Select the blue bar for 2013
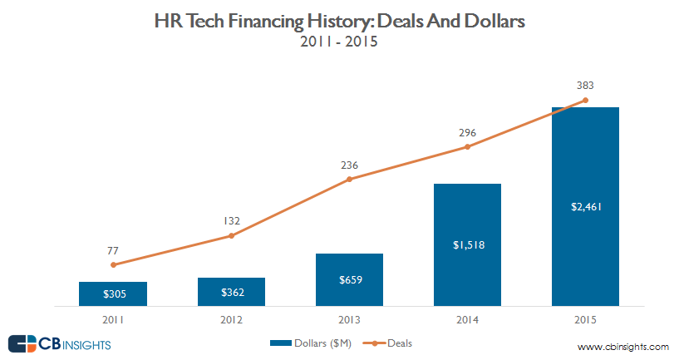(x=349, y=279)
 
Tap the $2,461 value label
(x=585, y=207)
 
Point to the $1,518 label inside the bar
(x=467, y=244)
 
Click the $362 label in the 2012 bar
(x=231, y=293)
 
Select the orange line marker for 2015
(x=586, y=101)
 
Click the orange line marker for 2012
(x=231, y=236)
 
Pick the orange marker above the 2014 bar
(x=467, y=147)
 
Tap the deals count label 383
(x=585, y=85)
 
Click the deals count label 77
(x=113, y=249)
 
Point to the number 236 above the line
(x=349, y=164)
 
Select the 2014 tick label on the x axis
(x=467, y=318)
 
